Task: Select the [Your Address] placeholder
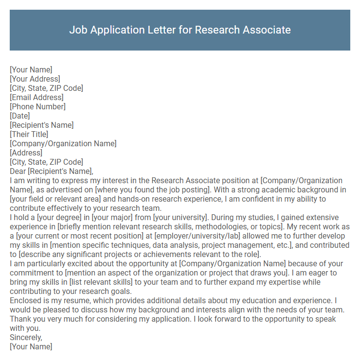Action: (35, 79)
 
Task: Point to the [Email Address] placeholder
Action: (36, 97)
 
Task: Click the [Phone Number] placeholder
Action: (37, 106)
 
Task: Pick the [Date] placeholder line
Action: (20, 116)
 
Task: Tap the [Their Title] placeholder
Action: (29, 134)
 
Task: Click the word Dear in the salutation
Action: (18, 171)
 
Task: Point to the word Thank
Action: (20, 319)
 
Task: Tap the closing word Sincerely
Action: (26, 338)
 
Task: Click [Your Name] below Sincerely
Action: (31, 347)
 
